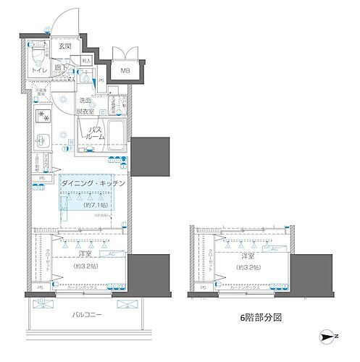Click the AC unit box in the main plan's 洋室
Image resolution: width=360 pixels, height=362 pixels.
112,254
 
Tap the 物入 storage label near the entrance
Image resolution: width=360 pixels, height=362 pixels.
85,63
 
